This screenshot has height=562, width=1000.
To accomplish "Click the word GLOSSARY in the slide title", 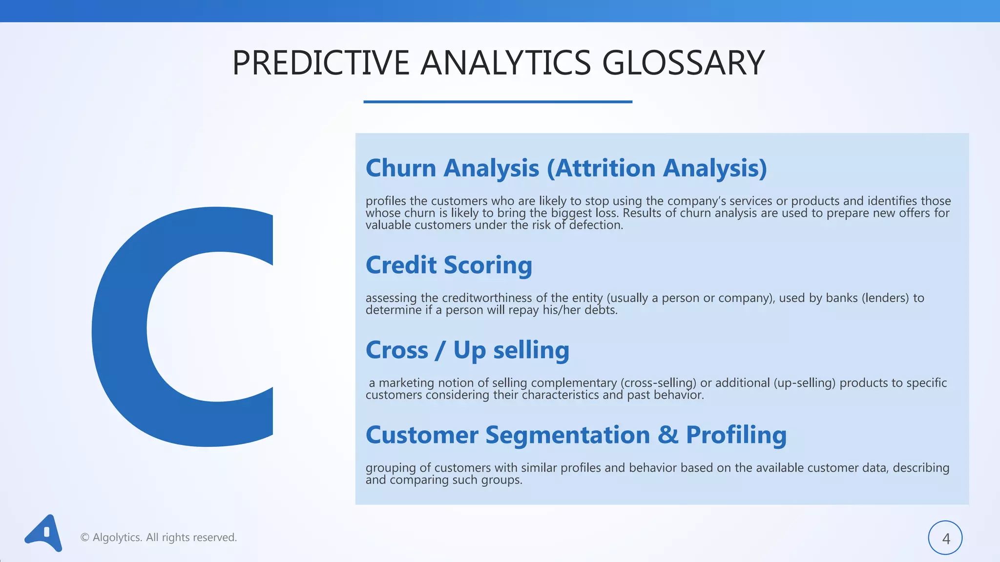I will tap(683, 63).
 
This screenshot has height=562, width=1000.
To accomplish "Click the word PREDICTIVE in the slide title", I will tap(320, 63).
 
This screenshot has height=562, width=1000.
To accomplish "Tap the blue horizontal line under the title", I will tap(498, 101).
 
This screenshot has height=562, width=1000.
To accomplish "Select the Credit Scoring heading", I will tap(449, 265).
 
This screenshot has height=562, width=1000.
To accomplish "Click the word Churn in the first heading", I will tap(400, 168).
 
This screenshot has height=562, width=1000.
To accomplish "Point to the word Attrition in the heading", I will tap(604, 168).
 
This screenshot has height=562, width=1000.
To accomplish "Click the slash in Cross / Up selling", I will tap(440, 350).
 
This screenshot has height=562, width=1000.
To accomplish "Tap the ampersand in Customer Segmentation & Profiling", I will tap(667, 435).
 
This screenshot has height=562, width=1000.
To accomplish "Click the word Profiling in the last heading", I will tap(736, 435).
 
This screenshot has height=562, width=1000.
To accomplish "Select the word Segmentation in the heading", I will tap(567, 436).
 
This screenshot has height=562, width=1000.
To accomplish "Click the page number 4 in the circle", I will tap(945, 539).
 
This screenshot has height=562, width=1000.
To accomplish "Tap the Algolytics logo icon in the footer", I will tap(44, 533).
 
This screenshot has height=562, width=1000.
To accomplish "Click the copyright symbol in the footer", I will tap(84, 538).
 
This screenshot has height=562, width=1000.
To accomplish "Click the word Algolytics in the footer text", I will tap(117, 538).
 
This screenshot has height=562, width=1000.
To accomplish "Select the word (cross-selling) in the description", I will tap(658, 383).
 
